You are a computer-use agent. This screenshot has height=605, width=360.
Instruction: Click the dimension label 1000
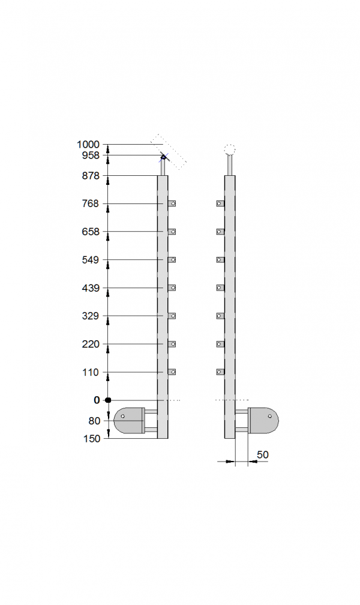[x=88, y=145]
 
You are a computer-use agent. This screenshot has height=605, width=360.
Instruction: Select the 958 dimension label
[x=91, y=155]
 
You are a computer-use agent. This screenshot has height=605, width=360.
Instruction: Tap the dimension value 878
[x=91, y=176]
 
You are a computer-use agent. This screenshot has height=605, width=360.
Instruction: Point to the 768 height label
[x=91, y=203]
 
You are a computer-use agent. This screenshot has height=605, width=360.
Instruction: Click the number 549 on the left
[x=91, y=260]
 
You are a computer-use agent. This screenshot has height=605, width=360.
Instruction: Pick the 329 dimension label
[x=91, y=316]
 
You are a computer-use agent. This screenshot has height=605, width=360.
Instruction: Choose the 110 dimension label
[x=91, y=372]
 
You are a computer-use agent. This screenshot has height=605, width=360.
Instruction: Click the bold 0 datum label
[x=97, y=400]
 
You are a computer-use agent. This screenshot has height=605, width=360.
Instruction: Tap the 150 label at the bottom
[x=91, y=439]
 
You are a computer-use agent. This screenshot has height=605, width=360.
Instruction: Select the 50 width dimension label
[x=262, y=455]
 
